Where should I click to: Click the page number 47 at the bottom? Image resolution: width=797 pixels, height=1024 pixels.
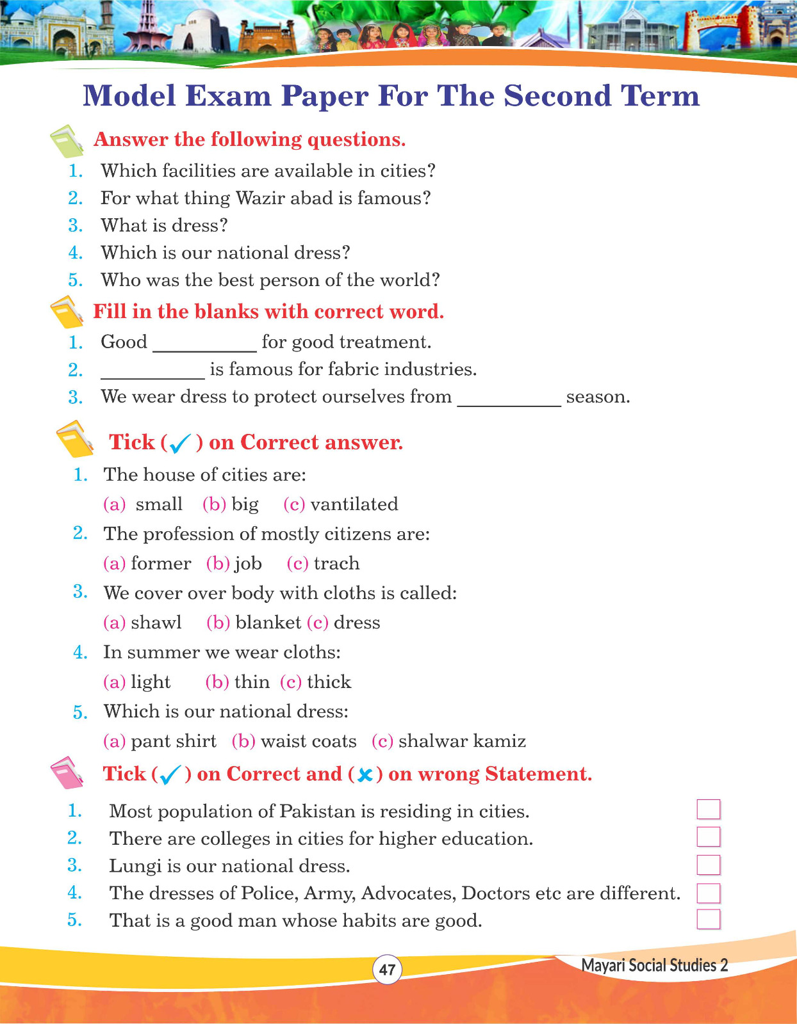tap(387, 969)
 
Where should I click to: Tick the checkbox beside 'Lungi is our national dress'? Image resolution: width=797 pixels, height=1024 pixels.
tap(709, 865)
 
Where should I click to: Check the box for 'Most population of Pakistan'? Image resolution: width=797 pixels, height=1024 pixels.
tap(709, 810)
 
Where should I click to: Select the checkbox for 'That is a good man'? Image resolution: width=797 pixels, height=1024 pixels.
tap(709, 919)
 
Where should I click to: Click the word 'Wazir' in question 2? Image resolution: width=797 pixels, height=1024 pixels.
tap(260, 198)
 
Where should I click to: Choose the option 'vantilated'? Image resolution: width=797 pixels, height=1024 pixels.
tap(354, 504)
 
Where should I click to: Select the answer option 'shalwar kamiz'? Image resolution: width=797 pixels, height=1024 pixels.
tap(462, 741)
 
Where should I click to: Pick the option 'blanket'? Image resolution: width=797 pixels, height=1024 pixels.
tap(268, 623)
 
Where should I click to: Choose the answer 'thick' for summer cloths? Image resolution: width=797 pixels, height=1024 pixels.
tap(329, 682)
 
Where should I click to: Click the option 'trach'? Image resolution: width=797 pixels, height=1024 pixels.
tap(336, 564)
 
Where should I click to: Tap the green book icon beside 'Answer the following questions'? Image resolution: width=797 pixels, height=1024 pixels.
tap(67, 141)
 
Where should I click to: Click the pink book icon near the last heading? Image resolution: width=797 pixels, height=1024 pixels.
tap(67, 773)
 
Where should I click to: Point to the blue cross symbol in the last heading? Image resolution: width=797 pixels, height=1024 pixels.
tap(365, 775)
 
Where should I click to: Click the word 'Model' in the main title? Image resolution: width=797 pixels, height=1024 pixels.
tap(129, 96)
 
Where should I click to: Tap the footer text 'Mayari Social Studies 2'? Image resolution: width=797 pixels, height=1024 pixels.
tap(654, 965)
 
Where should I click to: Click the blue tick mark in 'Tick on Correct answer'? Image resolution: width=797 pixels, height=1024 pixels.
tap(181, 443)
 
